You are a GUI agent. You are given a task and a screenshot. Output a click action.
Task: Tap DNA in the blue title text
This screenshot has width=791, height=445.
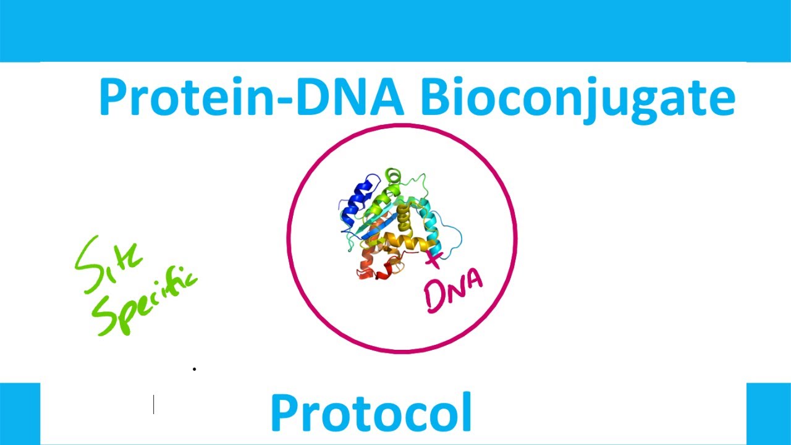tap(350, 98)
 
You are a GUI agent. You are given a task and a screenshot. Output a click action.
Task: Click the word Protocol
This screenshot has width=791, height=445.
tap(371, 413)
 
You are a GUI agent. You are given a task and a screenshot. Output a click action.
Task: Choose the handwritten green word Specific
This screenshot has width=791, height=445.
tap(145, 303)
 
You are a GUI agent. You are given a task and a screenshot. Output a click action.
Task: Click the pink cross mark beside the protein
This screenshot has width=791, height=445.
tap(434, 259)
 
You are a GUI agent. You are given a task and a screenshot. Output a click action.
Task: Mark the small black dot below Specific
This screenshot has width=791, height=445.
tap(195, 369)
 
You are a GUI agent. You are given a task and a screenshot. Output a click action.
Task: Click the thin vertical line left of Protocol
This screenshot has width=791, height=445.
tap(154, 405)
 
